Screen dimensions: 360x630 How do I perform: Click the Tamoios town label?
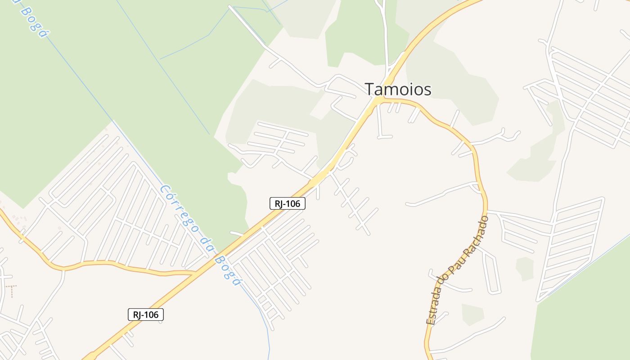click(398, 89)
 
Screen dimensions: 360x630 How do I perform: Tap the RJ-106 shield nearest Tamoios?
click(288, 203)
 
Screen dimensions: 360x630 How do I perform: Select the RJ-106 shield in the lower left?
click(145, 315)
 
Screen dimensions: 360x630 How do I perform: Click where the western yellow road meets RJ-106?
click(197, 273)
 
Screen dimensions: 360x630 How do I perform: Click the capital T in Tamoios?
click(370, 89)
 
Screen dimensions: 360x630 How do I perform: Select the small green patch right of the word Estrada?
click(472, 314)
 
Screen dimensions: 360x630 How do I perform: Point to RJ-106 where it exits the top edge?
click(472, 2)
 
